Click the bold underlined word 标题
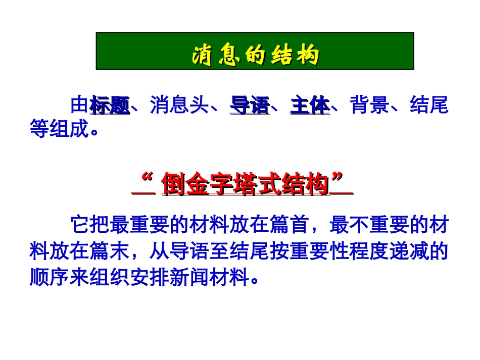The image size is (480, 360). [110, 107]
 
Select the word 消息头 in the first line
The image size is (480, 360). [179, 107]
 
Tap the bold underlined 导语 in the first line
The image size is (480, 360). [250, 107]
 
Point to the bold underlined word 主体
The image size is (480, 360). [310, 107]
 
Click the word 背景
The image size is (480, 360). [369, 107]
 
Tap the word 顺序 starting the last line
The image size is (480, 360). [49, 277]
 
